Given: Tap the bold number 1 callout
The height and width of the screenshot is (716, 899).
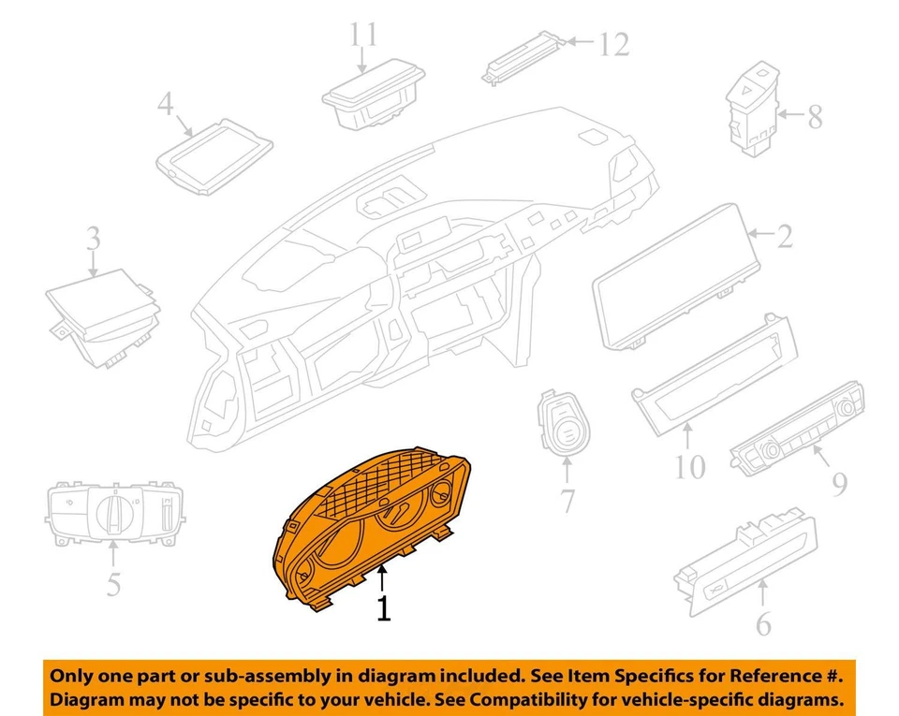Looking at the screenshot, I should pos(383,608).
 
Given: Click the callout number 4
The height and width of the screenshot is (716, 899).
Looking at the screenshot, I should pos(166,104).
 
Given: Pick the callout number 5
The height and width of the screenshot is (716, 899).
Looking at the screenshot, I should pos(112,584).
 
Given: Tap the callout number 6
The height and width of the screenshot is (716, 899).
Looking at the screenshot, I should pos(764,623).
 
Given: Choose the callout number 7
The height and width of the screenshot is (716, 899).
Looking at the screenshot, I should pos(568,501).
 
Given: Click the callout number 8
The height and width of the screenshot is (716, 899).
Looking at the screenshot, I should pos(814,117).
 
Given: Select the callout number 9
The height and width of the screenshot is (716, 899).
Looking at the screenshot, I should pos(839,484).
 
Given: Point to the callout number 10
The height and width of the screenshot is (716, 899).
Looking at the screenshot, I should pos(689,464).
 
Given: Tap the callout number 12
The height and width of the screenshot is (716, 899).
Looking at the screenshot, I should pos(614,44).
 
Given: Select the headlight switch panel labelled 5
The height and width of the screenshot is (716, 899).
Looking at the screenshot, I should pos(115,513).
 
